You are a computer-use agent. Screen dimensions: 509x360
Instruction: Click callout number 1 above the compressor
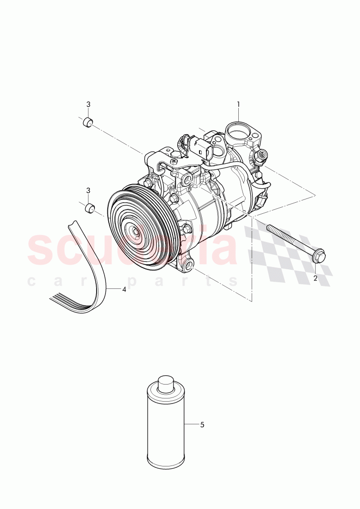point(238,105)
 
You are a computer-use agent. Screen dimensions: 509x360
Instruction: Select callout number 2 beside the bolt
point(315,278)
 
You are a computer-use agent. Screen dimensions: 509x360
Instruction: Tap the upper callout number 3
point(88,105)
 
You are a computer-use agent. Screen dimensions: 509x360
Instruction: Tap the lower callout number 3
point(88,190)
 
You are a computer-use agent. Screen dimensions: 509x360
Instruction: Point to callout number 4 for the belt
point(124,289)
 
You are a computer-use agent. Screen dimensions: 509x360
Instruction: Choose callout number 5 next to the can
point(202,424)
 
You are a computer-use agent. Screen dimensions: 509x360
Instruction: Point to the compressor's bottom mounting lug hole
point(188,266)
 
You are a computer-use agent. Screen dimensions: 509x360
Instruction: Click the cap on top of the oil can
point(166,382)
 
